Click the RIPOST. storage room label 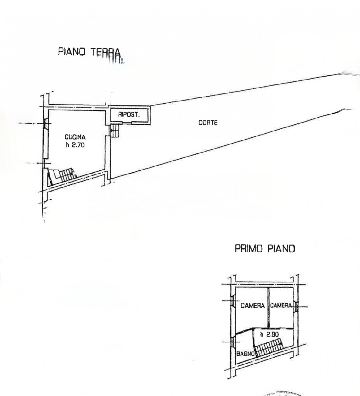point(129,114)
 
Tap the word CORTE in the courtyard point(208,123)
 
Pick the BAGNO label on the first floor point(245,354)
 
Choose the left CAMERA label point(253,306)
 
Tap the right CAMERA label point(281,306)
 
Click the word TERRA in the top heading point(105,52)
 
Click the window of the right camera point(296,307)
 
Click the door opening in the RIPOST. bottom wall point(127,123)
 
